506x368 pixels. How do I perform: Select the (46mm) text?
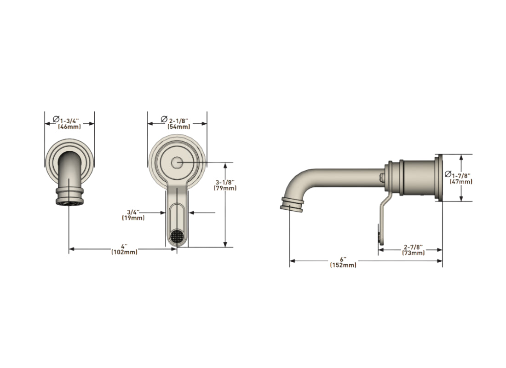point(69,126)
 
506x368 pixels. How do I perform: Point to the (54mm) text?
point(178,126)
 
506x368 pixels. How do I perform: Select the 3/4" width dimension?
point(133,212)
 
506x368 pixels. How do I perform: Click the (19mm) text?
point(133,218)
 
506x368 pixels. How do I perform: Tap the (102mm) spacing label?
point(124,252)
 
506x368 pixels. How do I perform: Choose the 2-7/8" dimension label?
point(413,247)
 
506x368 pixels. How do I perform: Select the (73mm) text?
point(413,253)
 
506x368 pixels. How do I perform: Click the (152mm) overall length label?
point(343,265)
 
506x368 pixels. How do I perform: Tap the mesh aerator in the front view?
point(177,236)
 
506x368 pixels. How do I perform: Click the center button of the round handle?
point(177,162)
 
